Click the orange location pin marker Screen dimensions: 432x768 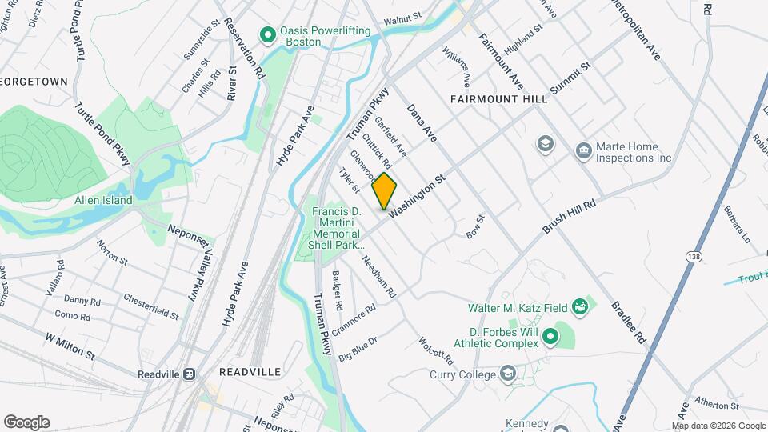coord(385,190)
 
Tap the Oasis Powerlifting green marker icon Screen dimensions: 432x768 coord(268,34)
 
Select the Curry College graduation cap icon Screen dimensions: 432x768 coord(508,374)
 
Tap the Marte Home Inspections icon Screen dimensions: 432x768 coord(583,150)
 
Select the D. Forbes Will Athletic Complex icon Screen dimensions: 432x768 coord(550,336)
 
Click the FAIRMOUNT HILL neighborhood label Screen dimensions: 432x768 coord(498,99)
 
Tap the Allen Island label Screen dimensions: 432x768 coord(103,201)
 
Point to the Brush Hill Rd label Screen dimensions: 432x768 coord(570,217)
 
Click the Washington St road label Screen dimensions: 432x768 coord(417,194)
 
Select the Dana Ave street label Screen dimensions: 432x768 coord(422,123)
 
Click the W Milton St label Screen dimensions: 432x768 coord(70,346)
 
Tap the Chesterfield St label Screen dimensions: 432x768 coord(151,306)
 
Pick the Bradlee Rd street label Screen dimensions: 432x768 coord(628,322)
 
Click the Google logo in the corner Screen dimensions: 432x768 coord(26,422)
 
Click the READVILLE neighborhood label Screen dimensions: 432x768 coord(250,373)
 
